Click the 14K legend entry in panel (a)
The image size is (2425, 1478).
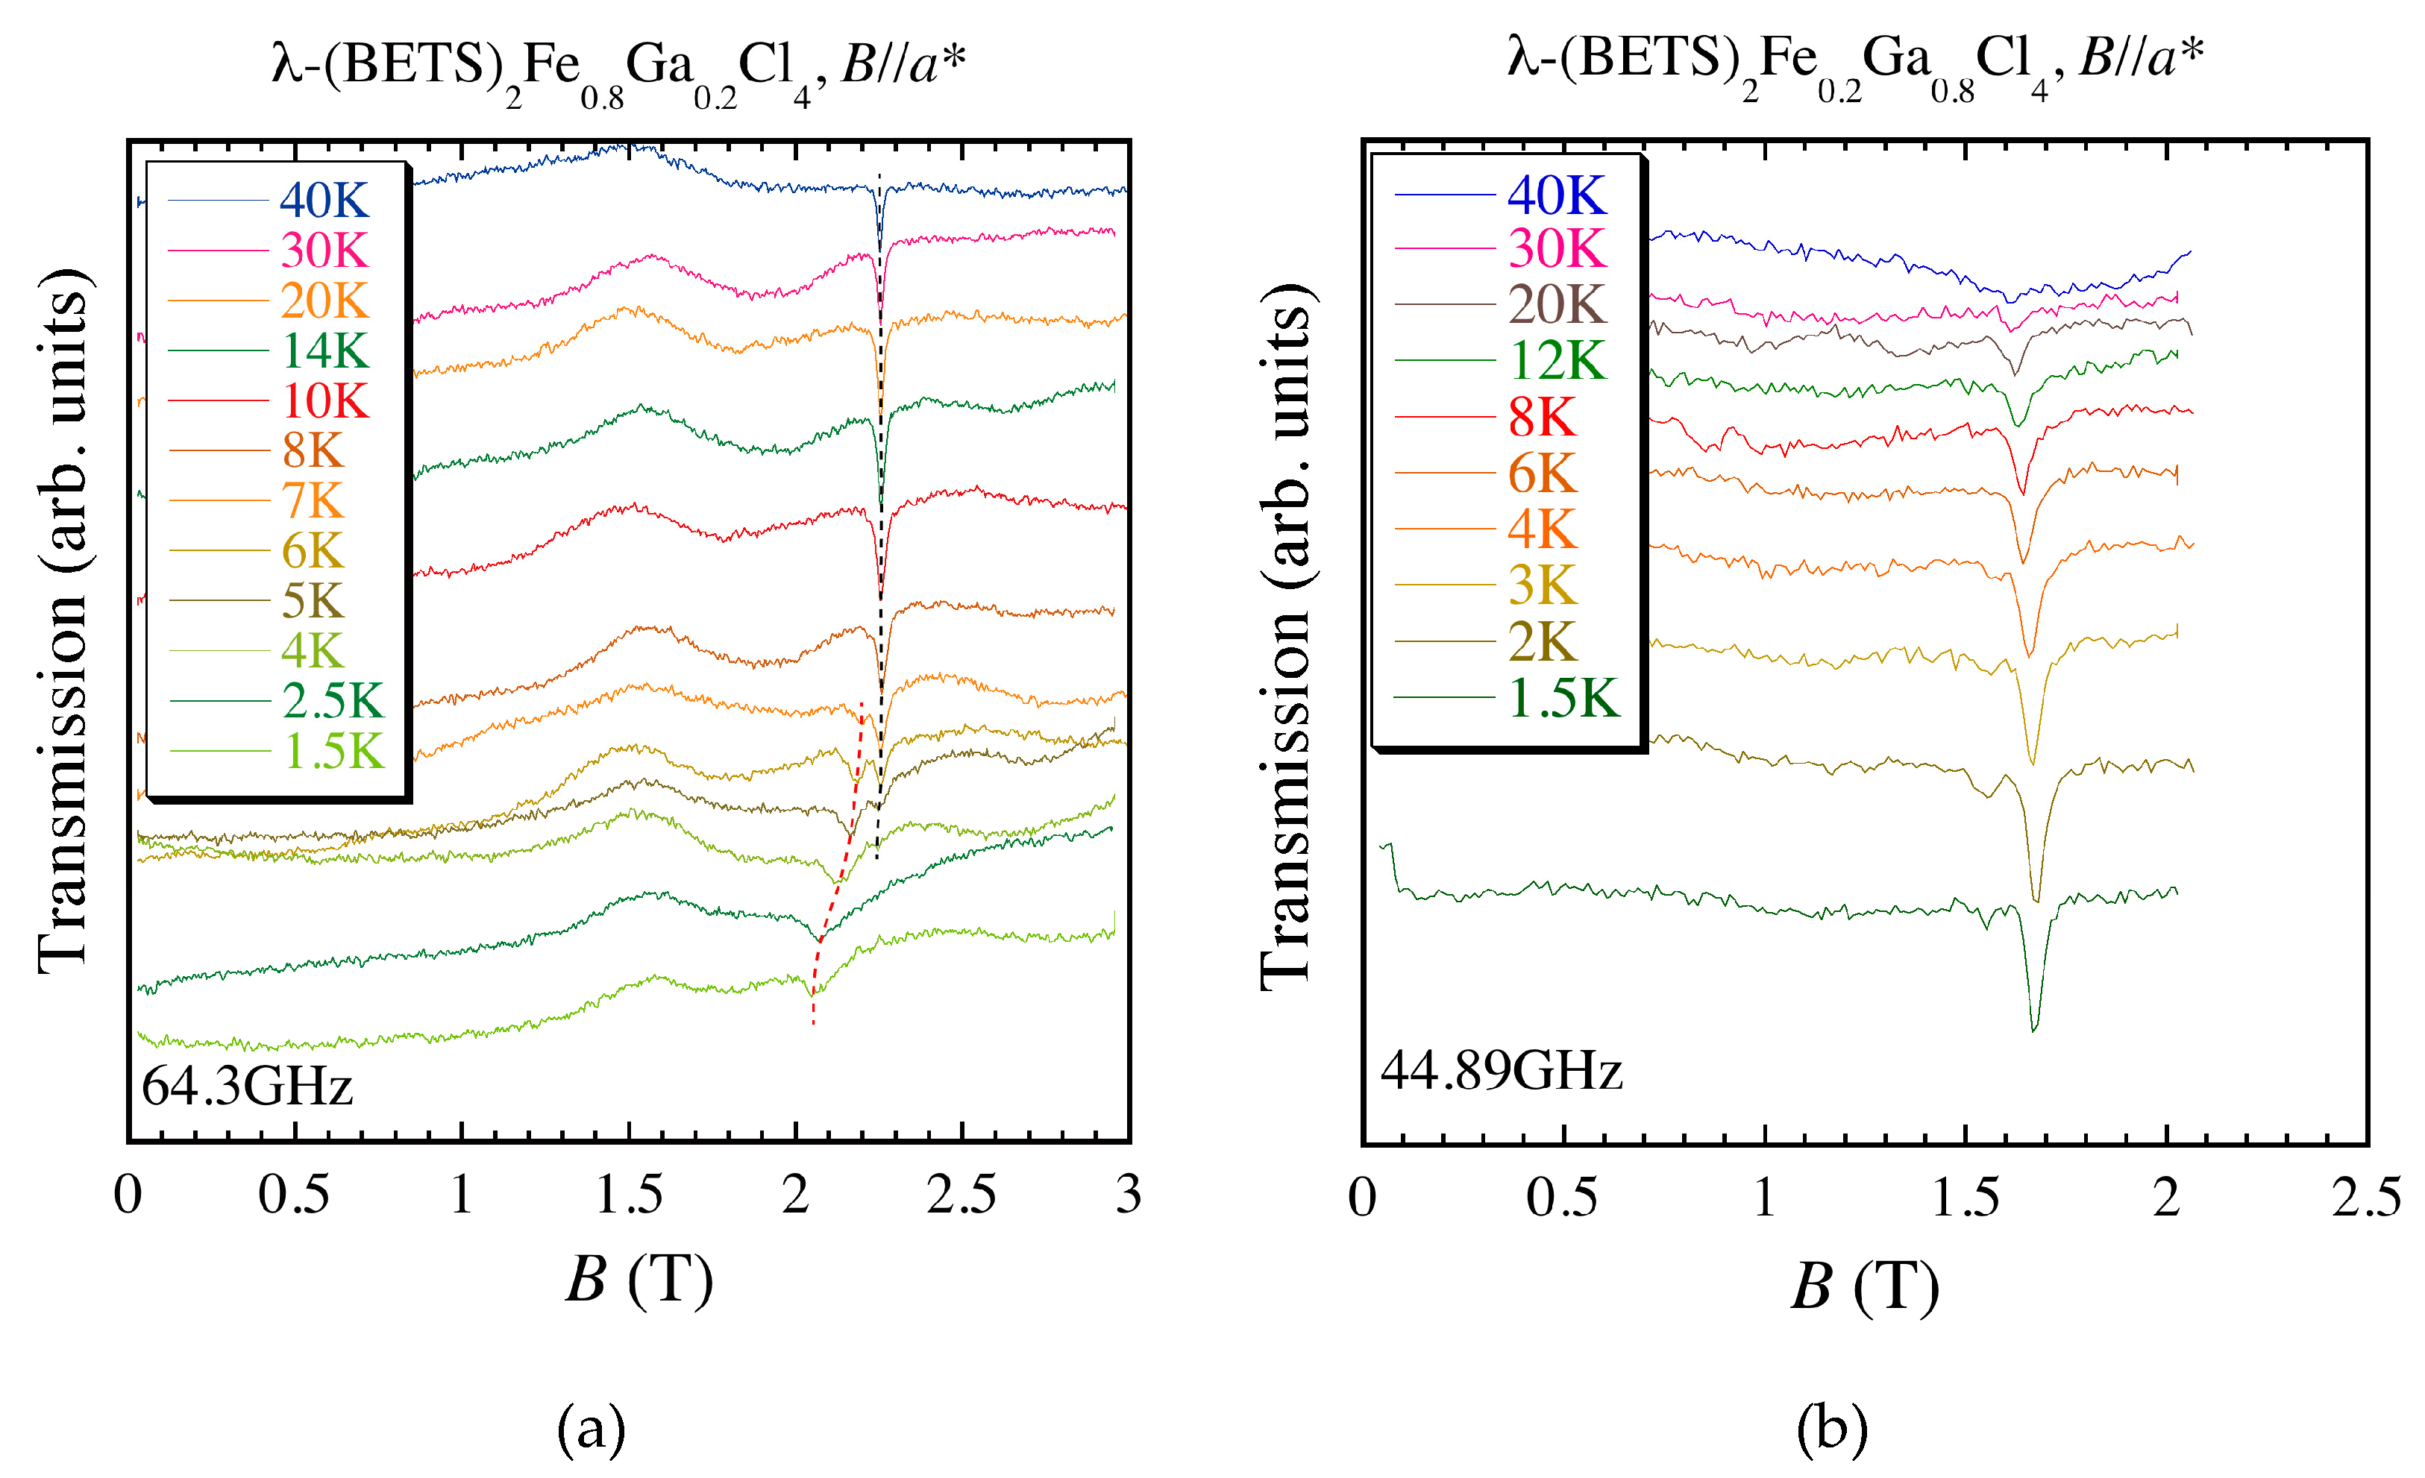(x=324, y=351)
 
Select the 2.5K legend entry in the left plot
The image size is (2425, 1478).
(x=332, y=702)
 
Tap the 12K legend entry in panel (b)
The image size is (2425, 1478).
(x=1557, y=361)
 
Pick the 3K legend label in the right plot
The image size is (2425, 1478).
(x=1542, y=586)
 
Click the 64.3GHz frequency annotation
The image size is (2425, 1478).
(x=247, y=1087)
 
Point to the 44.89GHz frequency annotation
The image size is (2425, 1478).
(x=1501, y=1071)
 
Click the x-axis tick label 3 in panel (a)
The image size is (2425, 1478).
(x=1128, y=1195)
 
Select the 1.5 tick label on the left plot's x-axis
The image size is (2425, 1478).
(x=629, y=1195)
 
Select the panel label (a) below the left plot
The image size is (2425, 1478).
(x=591, y=1429)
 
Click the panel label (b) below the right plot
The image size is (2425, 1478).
(x=1831, y=1429)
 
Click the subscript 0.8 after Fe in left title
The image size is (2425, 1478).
(x=601, y=99)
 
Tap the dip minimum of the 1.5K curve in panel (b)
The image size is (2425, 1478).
(x=2034, y=1028)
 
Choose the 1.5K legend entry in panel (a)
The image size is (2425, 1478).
(x=333, y=752)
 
